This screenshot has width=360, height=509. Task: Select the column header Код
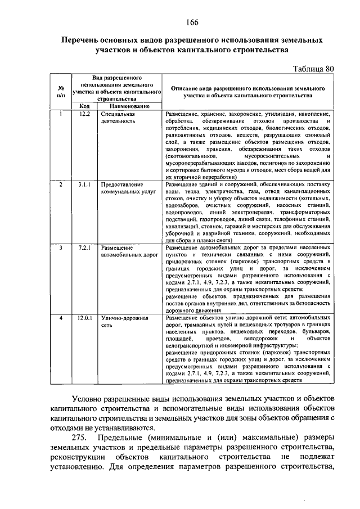coord(84,106)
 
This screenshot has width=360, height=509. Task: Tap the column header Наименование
coord(129,106)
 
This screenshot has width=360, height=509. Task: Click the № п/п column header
coord(60,92)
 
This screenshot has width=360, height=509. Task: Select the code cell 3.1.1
coord(84,184)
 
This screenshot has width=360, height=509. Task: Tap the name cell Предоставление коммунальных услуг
coord(125,187)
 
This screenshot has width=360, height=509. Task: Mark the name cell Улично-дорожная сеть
coord(124,322)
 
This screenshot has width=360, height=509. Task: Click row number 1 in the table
coord(60,114)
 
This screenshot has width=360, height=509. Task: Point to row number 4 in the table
coord(60,318)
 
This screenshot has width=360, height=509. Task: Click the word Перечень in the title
coord(83,41)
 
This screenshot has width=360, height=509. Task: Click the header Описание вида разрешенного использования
coord(247,92)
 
